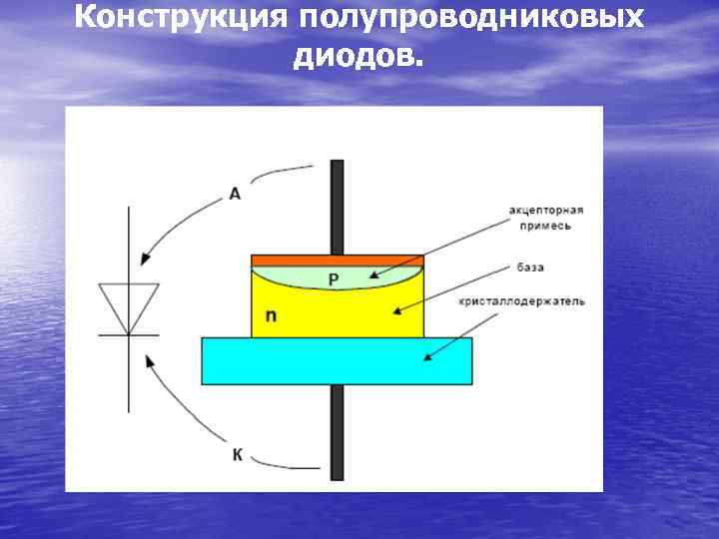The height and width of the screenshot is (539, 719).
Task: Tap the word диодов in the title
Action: [x=357, y=57]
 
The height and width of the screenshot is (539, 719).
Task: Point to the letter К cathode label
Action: [x=237, y=455]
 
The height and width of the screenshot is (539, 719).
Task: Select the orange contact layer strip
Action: [x=338, y=260]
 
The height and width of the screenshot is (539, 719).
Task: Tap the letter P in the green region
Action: [x=335, y=280]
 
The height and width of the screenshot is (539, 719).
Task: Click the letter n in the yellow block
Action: [x=271, y=316]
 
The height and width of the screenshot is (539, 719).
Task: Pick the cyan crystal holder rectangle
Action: [x=337, y=360]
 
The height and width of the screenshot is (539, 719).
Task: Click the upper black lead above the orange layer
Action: [x=338, y=206]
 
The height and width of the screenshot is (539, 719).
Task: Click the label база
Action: [x=530, y=268]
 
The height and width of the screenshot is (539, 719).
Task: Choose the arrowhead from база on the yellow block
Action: [x=398, y=310]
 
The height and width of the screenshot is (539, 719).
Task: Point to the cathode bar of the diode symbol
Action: [x=128, y=335]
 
